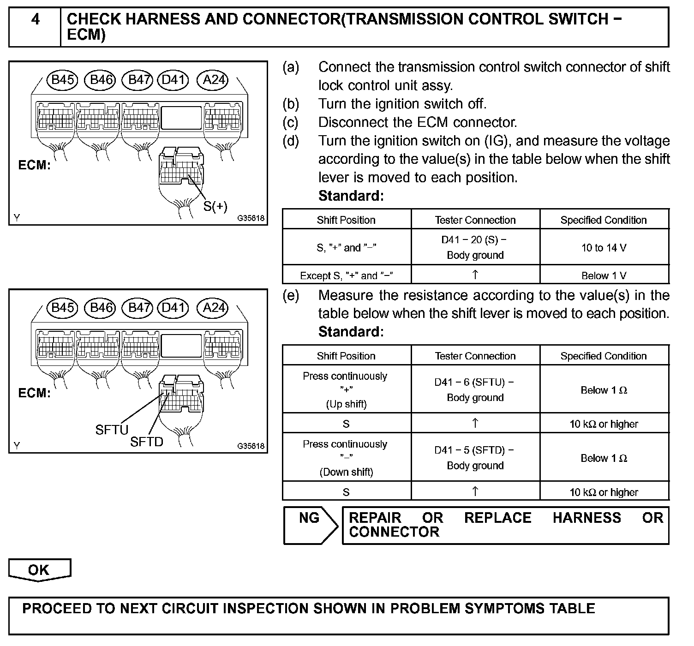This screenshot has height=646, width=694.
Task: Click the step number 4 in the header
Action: (35, 20)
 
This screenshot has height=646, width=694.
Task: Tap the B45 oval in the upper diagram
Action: (62, 80)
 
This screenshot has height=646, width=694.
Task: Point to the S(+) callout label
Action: (215, 206)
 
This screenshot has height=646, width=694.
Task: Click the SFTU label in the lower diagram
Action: (112, 430)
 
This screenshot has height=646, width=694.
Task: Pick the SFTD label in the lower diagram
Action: (147, 442)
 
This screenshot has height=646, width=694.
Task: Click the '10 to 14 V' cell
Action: (604, 248)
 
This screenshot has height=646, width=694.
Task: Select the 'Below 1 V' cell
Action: (604, 275)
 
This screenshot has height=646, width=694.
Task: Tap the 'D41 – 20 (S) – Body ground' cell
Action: (475, 247)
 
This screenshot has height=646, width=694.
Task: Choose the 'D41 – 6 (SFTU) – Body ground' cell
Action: (475, 390)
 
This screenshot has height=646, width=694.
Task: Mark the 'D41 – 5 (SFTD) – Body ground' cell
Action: (475, 458)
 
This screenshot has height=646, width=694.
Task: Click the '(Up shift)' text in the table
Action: (346, 404)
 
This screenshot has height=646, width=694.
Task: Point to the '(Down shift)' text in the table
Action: (346, 472)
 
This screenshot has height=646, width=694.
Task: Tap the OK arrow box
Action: (39, 570)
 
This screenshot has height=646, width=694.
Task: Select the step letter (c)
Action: (291, 122)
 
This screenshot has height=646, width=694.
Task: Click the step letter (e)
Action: (291, 295)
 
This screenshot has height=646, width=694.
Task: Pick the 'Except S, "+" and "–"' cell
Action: (346, 275)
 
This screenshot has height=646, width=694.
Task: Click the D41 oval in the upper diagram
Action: (173, 80)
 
